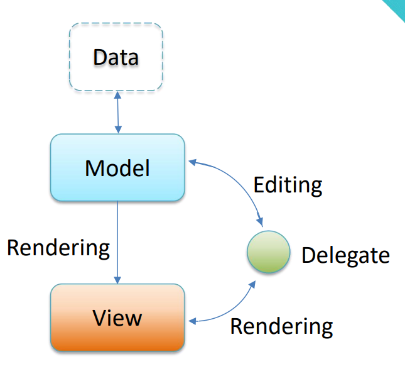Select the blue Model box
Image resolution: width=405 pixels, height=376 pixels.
[117, 167]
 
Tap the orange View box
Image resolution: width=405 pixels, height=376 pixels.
[117, 318]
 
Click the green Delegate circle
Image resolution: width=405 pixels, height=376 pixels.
[269, 252]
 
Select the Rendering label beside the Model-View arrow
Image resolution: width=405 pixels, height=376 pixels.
[58, 247]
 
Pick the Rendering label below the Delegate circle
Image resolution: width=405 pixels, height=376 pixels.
[281, 326]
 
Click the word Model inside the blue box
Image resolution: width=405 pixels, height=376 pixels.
[117, 168]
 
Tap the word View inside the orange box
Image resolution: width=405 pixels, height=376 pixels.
[117, 318]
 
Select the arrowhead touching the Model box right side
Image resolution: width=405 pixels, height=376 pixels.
[192, 162]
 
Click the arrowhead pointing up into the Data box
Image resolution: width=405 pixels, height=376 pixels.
[117, 94]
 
